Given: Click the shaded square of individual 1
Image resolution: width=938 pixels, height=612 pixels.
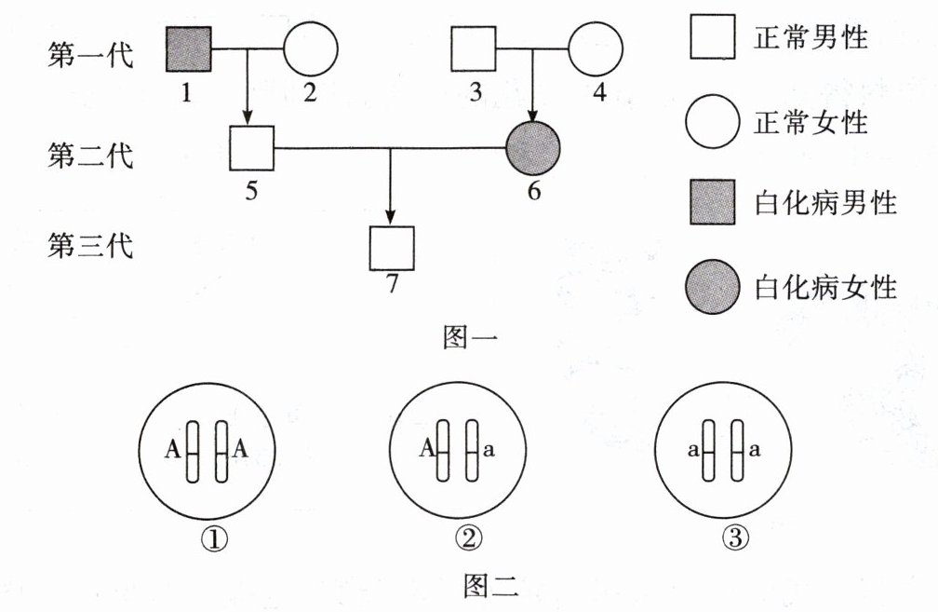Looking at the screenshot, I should (x=189, y=49).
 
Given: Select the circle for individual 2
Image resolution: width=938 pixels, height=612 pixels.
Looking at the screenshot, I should (x=310, y=49).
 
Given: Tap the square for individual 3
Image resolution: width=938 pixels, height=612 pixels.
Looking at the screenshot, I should (x=474, y=49).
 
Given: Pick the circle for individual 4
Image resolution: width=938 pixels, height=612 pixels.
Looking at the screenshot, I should (x=595, y=49).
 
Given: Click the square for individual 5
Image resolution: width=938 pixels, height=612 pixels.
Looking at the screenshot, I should (x=250, y=147).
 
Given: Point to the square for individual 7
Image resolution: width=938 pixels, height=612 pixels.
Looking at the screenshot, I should (x=392, y=248).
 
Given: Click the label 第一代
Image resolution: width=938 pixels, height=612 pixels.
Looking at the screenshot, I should (x=90, y=56).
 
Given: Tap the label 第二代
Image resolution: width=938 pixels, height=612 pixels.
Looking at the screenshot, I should (x=90, y=154).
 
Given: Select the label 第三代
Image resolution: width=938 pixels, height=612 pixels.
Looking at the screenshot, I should (x=90, y=247).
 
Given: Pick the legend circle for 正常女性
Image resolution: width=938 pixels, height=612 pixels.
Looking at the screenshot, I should (x=712, y=122).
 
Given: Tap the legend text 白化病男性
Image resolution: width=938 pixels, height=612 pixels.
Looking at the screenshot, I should (x=824, y=203).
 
